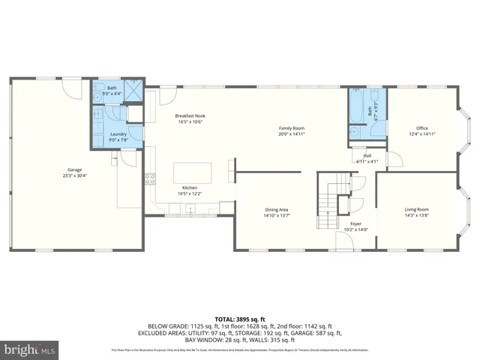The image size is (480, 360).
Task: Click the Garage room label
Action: click(73, 170)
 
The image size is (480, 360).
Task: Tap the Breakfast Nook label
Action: click(190, 115)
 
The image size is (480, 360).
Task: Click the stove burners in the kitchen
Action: click(150, 178)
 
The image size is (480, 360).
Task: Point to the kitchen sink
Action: click(190, 210)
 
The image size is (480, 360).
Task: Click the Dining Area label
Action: click(277, 209)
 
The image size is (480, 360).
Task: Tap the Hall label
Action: click(367, 155)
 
